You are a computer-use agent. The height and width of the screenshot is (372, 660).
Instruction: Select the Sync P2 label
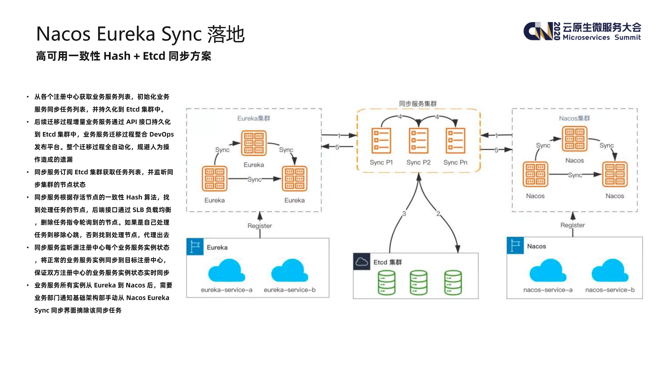point(418,162)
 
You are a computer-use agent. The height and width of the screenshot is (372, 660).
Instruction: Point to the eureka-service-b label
point(290,290)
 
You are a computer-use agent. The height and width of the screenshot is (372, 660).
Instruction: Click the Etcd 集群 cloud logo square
point(362,262)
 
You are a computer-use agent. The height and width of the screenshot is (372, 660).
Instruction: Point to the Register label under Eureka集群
point(260,226)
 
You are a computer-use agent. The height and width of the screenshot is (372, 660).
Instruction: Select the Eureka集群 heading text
point(254,118)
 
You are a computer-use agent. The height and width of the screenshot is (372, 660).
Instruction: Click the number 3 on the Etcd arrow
point(404,214)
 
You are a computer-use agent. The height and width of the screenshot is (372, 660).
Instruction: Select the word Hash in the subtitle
point(117,56)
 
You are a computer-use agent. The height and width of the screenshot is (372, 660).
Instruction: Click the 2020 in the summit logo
point(557,31)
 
